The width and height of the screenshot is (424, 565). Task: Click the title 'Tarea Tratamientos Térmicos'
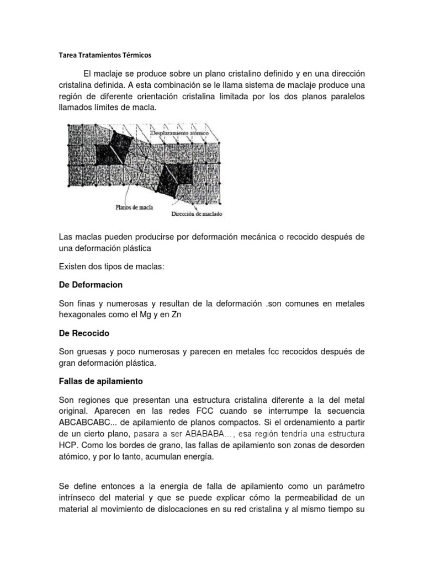click(x=104, y=56)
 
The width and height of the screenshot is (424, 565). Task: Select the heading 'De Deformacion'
click(x=91, y=285)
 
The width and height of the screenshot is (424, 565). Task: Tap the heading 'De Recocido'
click(x=84, y=334)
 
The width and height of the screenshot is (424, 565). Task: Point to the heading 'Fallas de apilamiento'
click(x=101, y=381)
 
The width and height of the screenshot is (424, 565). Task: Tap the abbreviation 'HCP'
click(x=68, y=445)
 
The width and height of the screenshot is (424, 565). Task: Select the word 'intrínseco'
click(x=79, y=498)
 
